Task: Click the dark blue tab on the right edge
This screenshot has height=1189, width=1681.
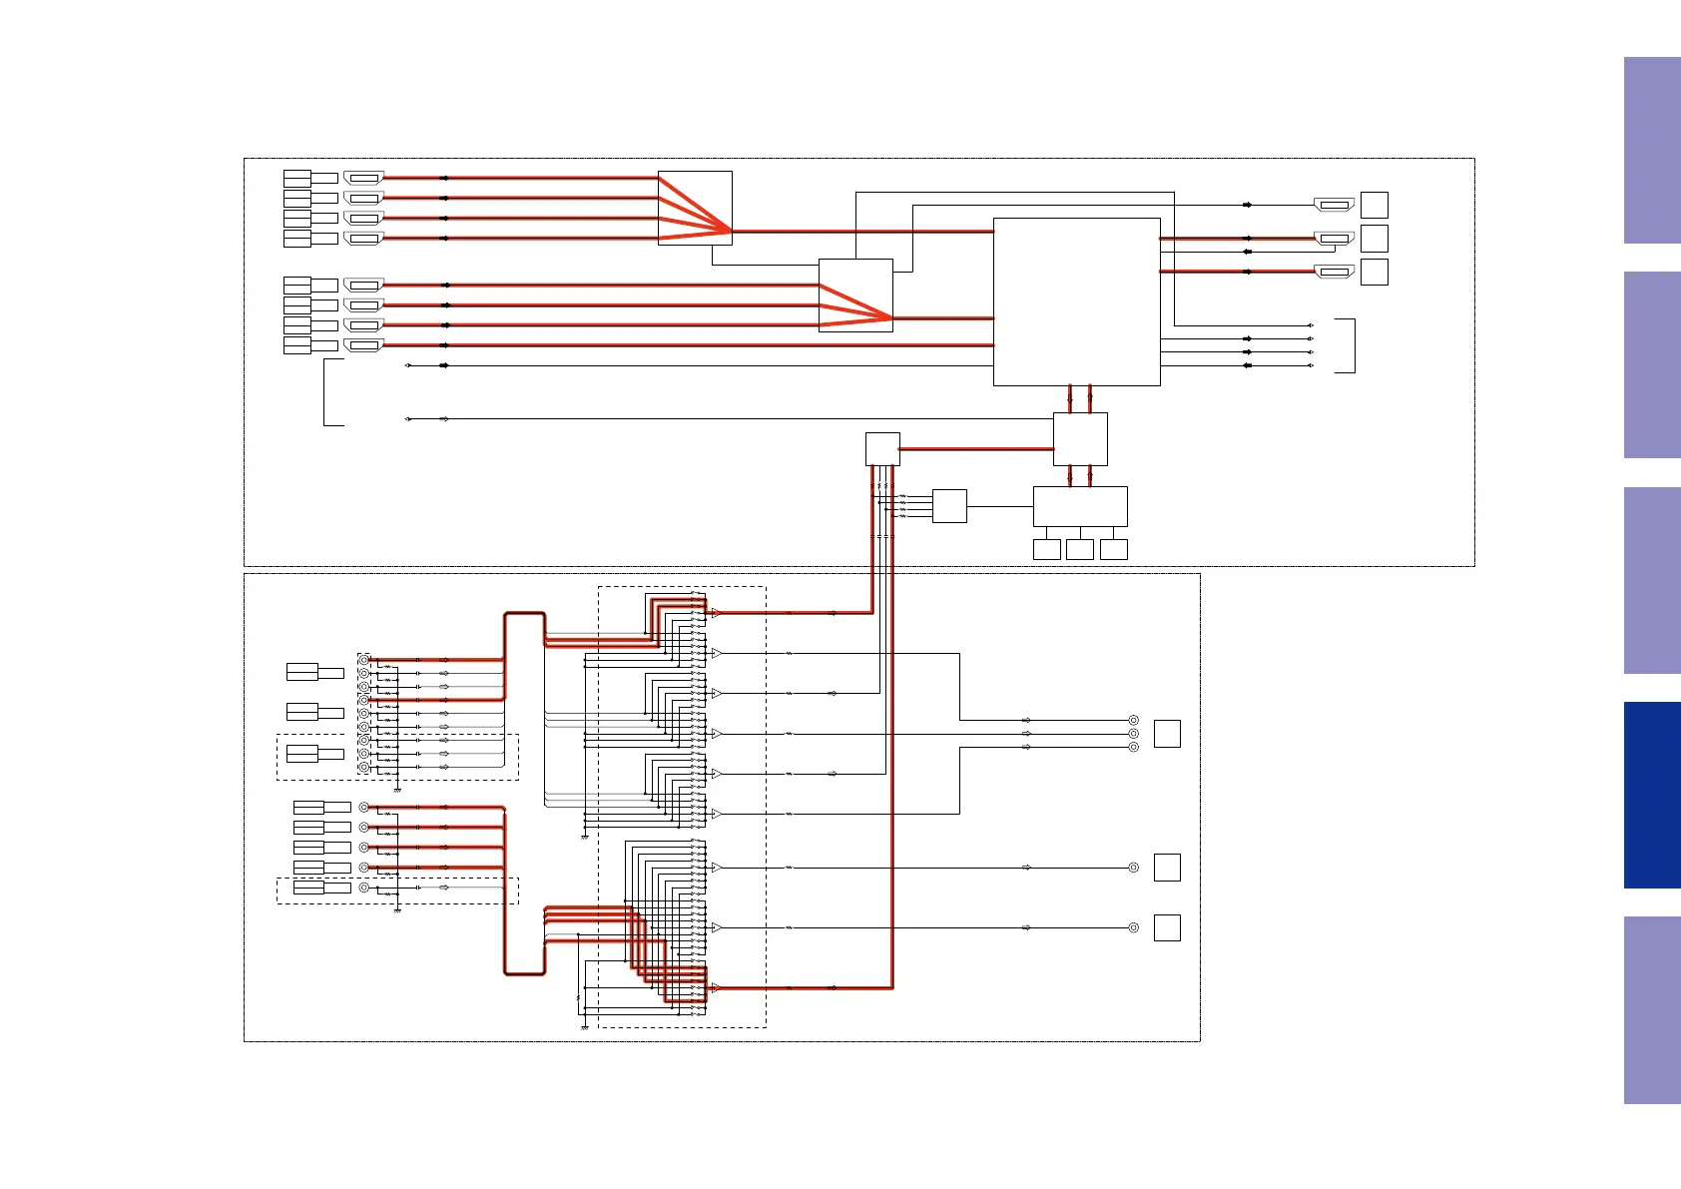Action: tap(1651, 795)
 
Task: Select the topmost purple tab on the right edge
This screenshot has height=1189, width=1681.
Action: tap(1651, 151)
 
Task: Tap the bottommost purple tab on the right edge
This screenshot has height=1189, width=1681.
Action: tap(1651, 1009)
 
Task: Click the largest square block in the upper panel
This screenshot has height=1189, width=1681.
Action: tap(1076, 301)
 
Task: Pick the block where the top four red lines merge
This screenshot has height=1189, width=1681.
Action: tap(695, 208)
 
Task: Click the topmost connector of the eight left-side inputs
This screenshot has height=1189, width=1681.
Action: tap(363, 178)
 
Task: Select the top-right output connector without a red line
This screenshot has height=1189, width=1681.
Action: tap(1334, 205)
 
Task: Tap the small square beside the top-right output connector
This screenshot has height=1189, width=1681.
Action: tap(1375, 205)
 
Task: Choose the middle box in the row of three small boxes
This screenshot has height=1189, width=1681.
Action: tap(1079, 549)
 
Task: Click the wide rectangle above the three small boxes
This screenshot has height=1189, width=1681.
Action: tap(1079, 506)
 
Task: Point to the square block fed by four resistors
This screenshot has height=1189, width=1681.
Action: tap(949, 506)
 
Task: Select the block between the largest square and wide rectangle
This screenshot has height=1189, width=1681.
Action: tap(1080, 439)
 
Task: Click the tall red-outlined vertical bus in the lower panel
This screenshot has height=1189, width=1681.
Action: tap(524, 794)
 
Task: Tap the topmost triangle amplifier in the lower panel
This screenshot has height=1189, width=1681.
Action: tap(716, 613)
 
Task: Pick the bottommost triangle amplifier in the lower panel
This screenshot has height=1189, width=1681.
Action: tap(716, 988)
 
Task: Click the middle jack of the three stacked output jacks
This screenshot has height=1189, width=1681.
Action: tap(1133, 734)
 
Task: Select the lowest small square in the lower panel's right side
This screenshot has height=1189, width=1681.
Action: tap(1167, 927)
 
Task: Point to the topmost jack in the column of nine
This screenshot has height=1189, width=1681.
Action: tap(363, 660)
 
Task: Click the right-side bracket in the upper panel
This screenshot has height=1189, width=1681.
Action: tap(1348, 345)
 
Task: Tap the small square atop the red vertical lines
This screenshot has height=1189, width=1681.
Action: tap(882, 449)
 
